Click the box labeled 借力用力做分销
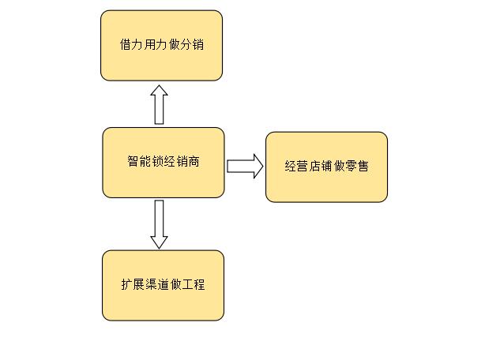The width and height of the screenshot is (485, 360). point(161,45)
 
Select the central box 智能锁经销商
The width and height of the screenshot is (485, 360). point(164,163)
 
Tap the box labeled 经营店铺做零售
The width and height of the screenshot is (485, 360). point(326,167)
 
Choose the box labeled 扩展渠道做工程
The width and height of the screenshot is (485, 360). point(163,285)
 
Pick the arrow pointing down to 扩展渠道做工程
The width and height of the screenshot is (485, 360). point(160,223)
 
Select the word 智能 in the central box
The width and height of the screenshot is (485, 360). point(139,162)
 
